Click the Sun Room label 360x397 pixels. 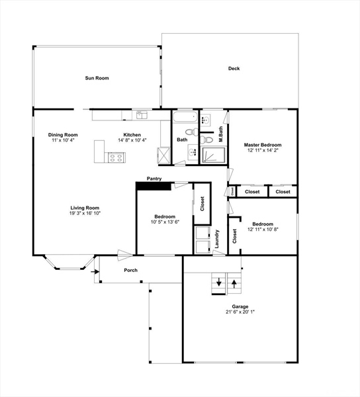tap(97, 78)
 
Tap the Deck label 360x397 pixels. tap(234, 68)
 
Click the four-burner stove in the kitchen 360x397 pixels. tap(116, 157)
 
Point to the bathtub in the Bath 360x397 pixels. tap(185, 117)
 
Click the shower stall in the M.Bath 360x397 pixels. tap(213, 155)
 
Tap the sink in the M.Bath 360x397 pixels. tap(206, 120)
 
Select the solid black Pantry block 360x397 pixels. tap(154, 186)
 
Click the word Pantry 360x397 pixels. tap(154, 179)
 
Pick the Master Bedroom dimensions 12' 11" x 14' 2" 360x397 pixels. tap(263, 150)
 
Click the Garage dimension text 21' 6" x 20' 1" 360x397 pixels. tap(240, 312)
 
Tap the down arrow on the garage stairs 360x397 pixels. tap(219, 282)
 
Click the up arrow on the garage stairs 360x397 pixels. tap(234, 284)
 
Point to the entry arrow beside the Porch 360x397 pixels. tap(95, 272)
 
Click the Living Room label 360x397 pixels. tap(85, 208)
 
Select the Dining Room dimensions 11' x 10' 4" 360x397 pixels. tap(63, 140)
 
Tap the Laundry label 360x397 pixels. tap(217, 239)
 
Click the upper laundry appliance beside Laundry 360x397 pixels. tap(202, 233)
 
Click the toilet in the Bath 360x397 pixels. tap(192, 132)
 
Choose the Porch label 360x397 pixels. tap(130, 271)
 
